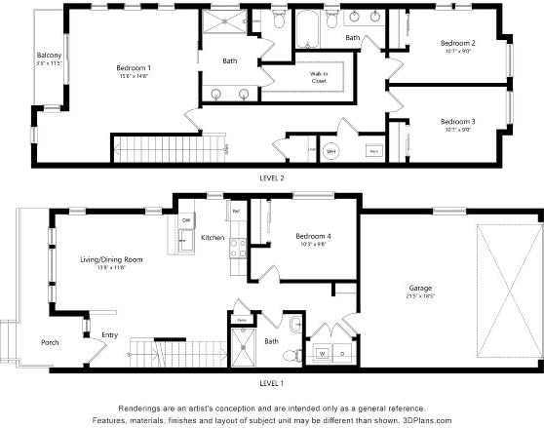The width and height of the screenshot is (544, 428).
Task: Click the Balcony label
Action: click(50, 55)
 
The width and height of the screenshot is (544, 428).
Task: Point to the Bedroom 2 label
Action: click(457, 43)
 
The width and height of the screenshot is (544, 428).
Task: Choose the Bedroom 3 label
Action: click(457, 121)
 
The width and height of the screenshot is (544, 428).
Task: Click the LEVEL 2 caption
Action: click(271, 178)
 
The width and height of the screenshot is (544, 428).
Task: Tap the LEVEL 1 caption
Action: click(271, 383)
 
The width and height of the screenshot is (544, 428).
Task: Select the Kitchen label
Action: click(214, 238)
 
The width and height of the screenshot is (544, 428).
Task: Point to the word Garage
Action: click(420, 289)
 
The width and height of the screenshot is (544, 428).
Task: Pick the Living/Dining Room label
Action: click(111, 259)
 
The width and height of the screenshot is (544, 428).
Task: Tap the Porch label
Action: click(50, 342)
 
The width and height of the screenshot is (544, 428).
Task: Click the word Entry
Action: click(109, 336)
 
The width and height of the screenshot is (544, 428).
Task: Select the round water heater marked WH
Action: click(330, 152)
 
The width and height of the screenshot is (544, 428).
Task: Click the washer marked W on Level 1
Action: click(322, 354)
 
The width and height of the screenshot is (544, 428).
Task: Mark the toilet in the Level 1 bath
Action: click(295, 325)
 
